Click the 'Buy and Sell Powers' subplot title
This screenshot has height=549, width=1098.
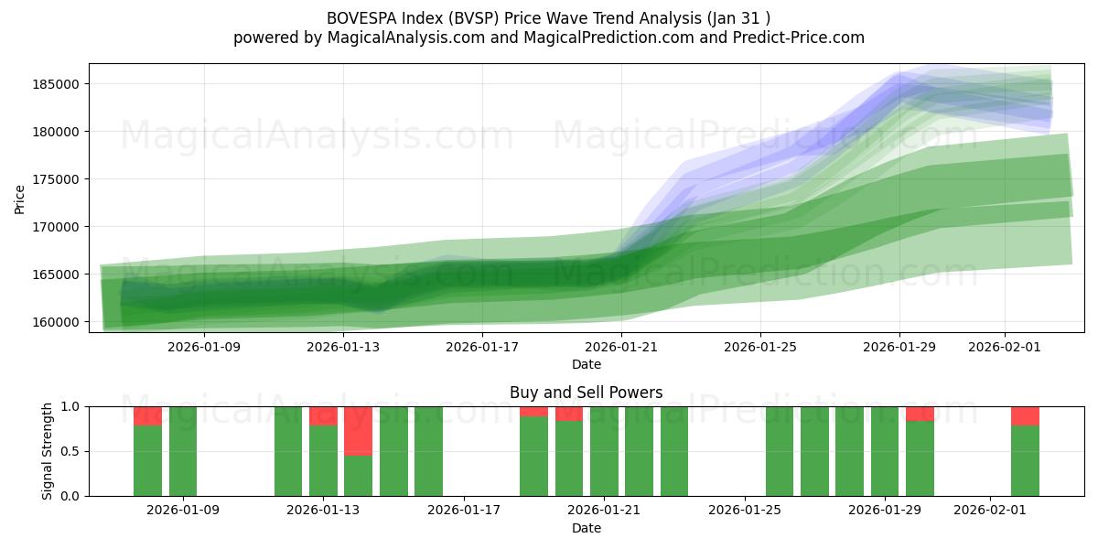coord(586,393)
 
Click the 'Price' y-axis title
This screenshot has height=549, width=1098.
coord(20,199)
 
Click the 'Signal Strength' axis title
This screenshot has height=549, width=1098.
coord(48,451)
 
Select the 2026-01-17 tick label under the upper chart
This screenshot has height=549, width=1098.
coord(482,347)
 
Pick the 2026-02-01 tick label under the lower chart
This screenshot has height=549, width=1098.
coord(991,510)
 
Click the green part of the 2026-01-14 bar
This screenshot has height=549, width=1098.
coord(358,476)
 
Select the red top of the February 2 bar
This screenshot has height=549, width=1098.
coord(1025,415)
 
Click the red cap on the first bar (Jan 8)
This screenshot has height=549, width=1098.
coord(147,415)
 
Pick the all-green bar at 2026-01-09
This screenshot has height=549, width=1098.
coord(183,451)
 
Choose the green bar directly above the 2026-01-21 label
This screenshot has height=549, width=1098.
coord(604,451)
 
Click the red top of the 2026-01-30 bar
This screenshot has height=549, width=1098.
coord(920,414)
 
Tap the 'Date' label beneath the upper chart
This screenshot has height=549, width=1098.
coord(587,364)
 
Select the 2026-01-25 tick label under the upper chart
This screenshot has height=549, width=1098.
coord(759,347)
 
